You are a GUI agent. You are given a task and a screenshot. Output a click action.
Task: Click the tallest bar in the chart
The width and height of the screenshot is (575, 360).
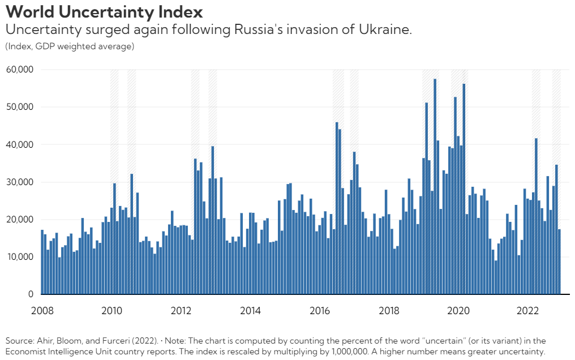435,186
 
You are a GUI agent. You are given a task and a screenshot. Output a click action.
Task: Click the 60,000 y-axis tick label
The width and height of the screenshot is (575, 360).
19,69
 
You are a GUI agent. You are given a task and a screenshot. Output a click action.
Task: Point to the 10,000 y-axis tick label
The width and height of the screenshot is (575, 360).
19,256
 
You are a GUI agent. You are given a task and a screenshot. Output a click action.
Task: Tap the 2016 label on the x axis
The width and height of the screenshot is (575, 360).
319,311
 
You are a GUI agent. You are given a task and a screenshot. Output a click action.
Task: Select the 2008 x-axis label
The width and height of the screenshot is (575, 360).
42,311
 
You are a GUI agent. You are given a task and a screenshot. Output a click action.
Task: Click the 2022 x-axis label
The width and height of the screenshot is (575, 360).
527,311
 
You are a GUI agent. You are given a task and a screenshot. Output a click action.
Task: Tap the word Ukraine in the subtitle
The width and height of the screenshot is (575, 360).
385,29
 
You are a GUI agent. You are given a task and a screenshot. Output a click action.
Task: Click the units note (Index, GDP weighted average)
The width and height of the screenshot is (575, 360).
70,46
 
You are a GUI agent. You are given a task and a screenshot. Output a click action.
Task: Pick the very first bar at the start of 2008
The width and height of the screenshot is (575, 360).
42,262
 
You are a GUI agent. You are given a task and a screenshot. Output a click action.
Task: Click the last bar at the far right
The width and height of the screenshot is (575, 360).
559,262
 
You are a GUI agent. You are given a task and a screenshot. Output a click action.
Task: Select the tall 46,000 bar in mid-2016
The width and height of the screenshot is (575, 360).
337,208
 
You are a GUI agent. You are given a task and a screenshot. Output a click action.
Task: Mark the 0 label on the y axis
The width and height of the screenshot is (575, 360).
31,294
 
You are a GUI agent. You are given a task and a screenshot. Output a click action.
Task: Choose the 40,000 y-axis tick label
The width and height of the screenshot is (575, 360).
19,144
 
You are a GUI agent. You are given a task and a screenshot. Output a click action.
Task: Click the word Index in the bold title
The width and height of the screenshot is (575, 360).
181,12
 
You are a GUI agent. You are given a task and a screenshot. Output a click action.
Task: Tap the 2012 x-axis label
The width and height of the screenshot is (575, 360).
181,311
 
